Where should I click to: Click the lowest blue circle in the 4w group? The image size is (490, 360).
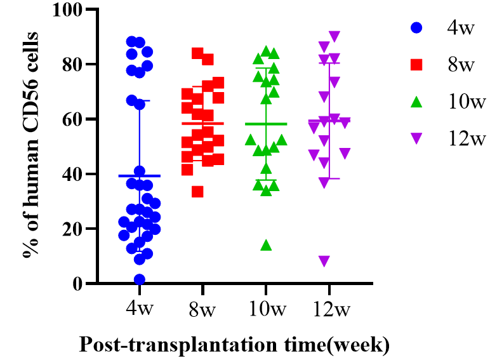[140, 279]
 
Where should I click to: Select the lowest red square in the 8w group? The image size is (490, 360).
[197, 192]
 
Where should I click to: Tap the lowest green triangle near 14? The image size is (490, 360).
[267, 245]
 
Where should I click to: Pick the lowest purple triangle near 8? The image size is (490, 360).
[324, 261]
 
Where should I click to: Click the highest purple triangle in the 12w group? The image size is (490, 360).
[334, 36]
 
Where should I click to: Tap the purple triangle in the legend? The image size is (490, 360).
[416, 138]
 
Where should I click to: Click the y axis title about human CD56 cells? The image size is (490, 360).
[29, 146]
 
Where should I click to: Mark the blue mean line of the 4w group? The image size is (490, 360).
[140, 176]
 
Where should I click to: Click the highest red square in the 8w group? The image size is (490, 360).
[197, 53]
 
